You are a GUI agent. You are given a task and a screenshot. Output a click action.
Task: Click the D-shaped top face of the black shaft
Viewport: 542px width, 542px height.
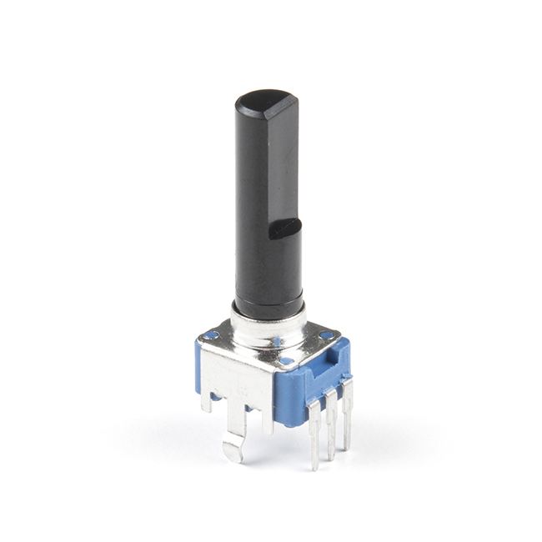265,104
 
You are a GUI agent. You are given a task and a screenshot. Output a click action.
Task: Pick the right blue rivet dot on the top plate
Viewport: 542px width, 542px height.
325,334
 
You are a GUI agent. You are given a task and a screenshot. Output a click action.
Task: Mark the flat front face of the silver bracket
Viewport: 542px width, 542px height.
238,379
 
